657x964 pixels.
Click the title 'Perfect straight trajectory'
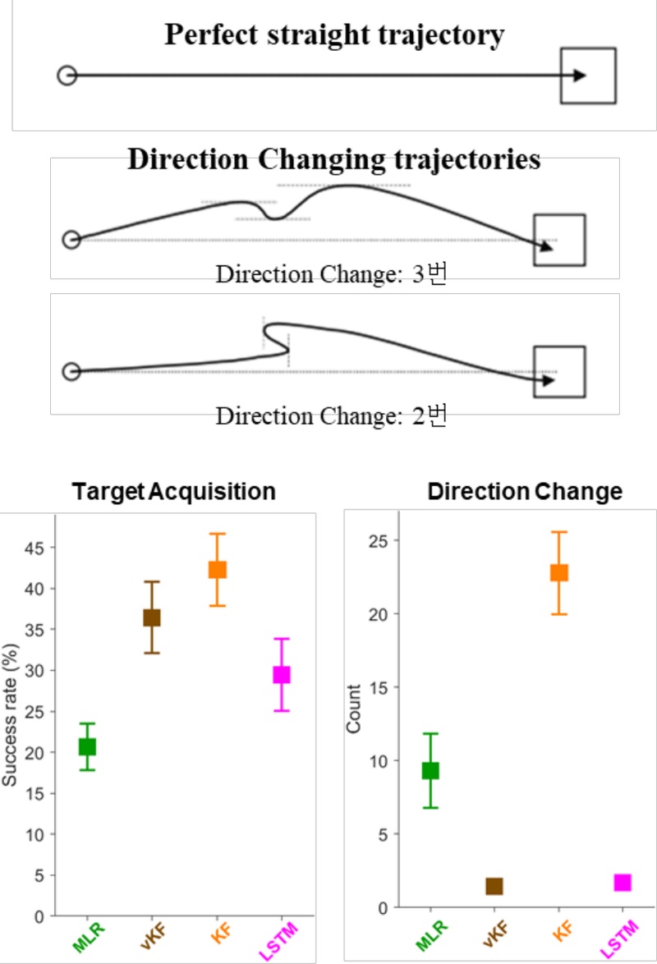[x=334, y=34]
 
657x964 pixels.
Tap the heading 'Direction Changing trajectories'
[x=334, y=159]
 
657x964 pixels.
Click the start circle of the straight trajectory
[x=67, y=76]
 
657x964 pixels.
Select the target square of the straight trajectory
[x=588, y=76]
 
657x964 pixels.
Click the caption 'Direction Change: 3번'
[x=331, y=274]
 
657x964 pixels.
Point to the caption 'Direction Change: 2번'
[x=331, y=416]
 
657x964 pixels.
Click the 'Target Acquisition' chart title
[x=174, y=492]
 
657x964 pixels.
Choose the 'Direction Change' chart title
[x=525, y=492]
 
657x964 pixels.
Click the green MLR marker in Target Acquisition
[x=87, y=746]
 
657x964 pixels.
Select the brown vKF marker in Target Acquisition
[x=152, y=617]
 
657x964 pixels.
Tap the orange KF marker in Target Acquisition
[x=217, y=569]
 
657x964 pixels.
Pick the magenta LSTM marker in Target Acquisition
[x=282, y=674]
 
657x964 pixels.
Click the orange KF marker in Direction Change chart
[x=559, y=572]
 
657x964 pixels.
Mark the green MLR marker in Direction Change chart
[x=430, y=770]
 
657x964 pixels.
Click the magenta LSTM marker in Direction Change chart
[x=623, y=882]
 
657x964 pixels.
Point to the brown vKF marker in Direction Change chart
[x=494, y=886]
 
